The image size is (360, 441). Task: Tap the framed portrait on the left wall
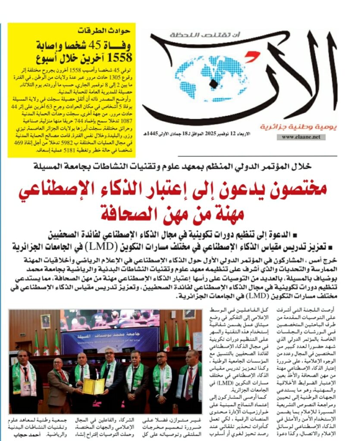pos(45,321)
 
